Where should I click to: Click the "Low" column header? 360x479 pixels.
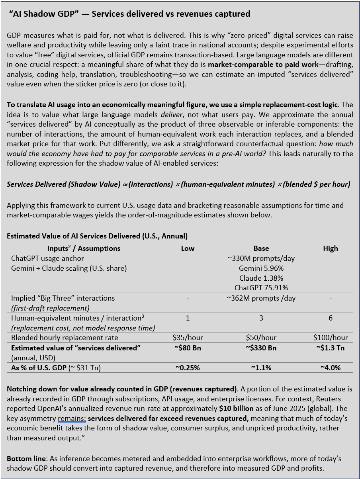coord(188,248)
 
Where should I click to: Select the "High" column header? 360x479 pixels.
coord(330,248)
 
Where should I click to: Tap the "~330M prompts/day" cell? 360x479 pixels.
coord(261,258)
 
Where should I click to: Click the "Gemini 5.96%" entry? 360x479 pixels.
coord(261,268)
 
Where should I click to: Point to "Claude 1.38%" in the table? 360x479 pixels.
coord(261,278)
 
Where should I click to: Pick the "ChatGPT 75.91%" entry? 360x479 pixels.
coord(261,287)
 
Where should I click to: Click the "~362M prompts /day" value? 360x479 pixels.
coord(261,298)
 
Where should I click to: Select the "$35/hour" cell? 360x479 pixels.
coord(188,338)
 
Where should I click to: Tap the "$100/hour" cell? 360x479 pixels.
coord(330,338)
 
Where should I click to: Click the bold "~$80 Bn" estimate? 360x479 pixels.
coord(188,348)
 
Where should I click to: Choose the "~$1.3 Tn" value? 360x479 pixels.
coord(330,348)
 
